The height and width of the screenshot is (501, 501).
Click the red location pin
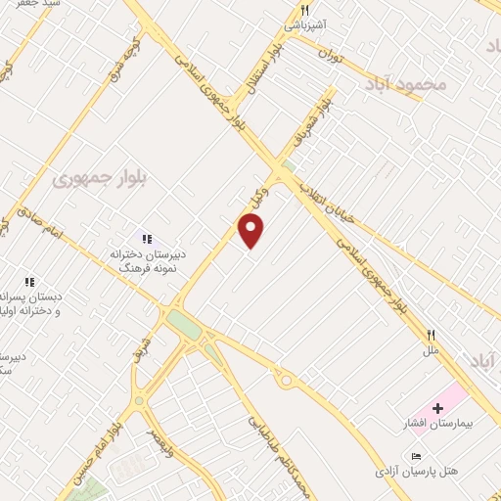pyautogui.click(x=251, y=230)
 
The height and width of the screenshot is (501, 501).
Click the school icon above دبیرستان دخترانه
pyautogui.click(x=147, y=238)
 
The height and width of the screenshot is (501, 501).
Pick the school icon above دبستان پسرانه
pyautogui.click(x=29, y=282)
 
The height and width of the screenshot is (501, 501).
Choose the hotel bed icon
pyautogui.click(x=417, y=456)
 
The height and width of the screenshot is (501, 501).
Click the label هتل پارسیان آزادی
pyautogui.click(x=422, y=472)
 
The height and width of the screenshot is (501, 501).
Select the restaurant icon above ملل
pyautogui.click(x=430, y=334)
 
